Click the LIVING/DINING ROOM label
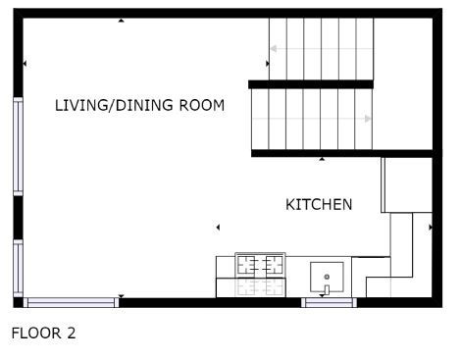point(139,105)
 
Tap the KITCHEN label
point(319,205)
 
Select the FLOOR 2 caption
point(43,334)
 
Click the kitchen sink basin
point(327,277)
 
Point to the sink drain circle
point(327,277)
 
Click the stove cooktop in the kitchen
point(260,264)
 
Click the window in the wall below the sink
point(329,302)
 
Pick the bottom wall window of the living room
point(71,302)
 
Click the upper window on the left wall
point(18,146)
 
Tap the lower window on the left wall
point(18,269)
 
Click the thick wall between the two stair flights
point(311,84)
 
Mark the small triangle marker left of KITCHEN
point(218,227)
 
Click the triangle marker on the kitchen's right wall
point(431,227)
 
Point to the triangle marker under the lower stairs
point(322,159)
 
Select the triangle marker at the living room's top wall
point(122,21)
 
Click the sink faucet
point(327,289)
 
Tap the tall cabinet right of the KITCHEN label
point(407,185)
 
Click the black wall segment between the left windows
point(18,218)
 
